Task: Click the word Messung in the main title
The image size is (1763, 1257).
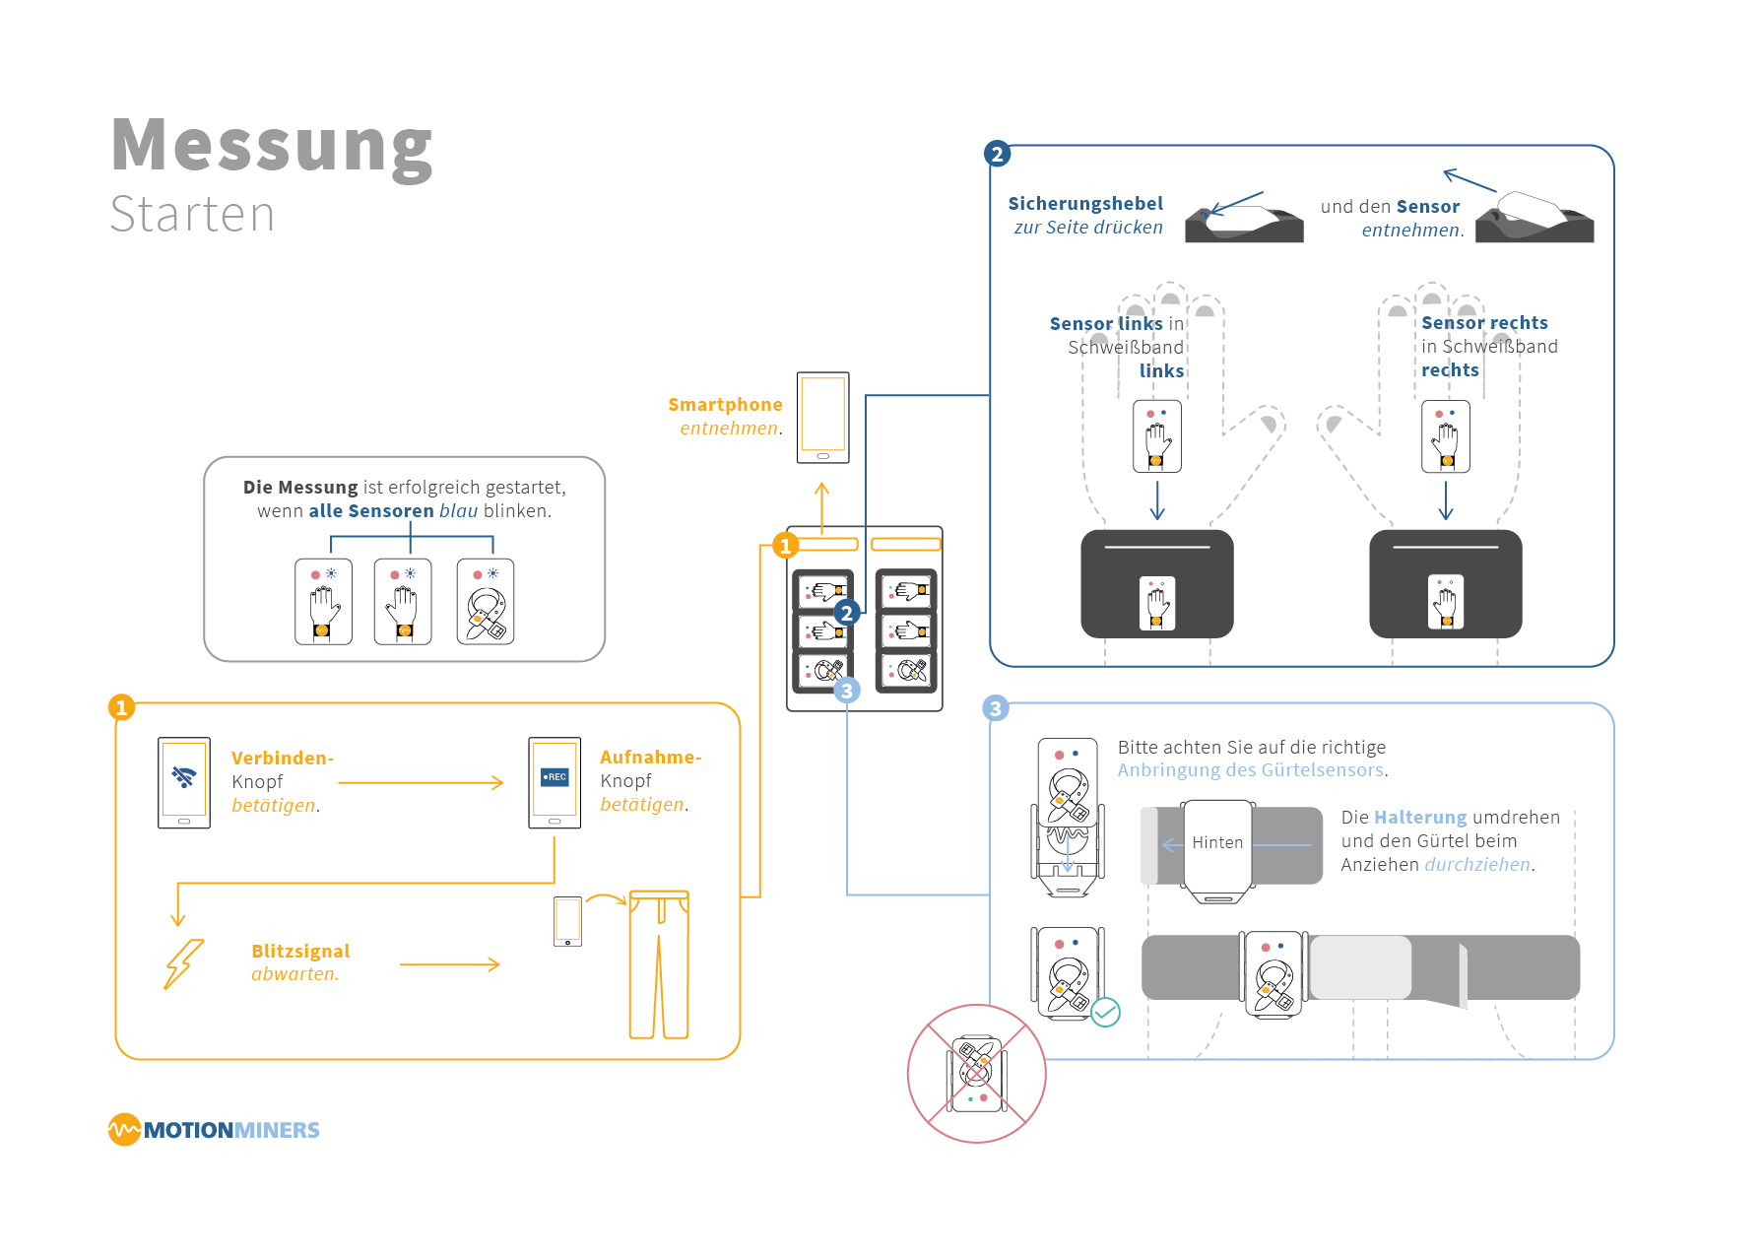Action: tap(272, 146)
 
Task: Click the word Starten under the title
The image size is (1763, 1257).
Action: tap(192, 215)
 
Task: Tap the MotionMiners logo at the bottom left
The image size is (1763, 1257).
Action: tap(214, 1129)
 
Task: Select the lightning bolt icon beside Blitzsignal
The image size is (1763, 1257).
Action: tap(183, 963)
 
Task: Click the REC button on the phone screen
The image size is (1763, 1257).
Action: tap(555, 777)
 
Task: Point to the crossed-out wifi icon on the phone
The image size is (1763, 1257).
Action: tap(184, 777)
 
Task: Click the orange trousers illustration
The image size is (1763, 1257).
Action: tap(659, 964)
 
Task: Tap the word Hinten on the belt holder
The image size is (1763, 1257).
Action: tap(1217, 843)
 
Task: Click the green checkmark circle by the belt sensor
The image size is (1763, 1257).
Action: tap(1106, 1012)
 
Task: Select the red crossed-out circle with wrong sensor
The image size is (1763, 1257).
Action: tap(976, 1073)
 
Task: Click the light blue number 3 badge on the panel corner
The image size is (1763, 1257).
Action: tap(996, 708)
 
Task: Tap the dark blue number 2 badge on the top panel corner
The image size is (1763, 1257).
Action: tap(997, 154)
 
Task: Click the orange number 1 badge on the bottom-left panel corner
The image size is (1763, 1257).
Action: tap(121, 707)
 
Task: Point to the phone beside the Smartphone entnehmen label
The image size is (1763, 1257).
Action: tap(822, 418)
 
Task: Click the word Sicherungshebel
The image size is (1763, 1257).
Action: tap(1085, 204)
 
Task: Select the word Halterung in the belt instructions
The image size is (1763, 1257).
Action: tap(1419, 818)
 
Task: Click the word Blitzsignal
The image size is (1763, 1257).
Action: tap(300, 952)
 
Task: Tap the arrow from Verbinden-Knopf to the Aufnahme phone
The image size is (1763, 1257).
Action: tap(421, 783)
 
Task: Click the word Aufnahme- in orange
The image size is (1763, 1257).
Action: tap(650, 758)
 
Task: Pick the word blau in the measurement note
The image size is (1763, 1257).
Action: tap(458, 511)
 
